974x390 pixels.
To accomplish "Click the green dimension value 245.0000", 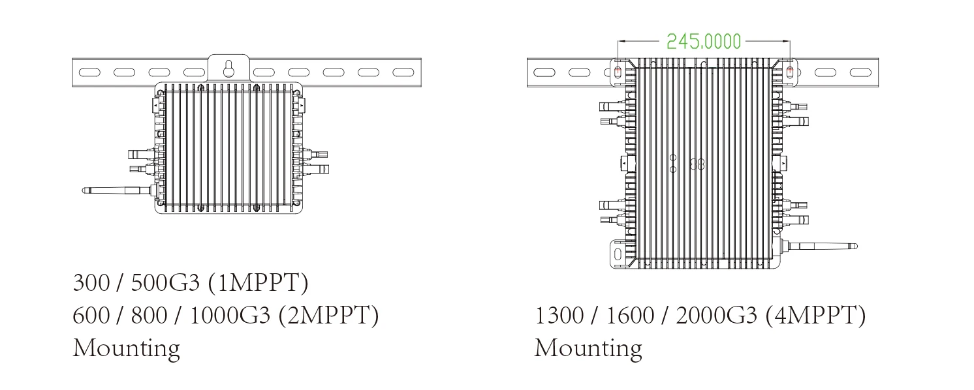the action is pos(704,42).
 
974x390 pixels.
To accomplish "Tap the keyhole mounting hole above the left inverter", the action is pos(228,68).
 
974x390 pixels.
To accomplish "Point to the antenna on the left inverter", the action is pos(118,190).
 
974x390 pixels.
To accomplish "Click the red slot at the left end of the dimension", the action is pos(618,71).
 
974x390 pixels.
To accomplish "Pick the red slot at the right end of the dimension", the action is pos(790,71).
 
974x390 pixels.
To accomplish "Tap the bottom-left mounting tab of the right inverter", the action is pos(618,254).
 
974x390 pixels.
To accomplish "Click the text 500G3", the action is pos(165,283).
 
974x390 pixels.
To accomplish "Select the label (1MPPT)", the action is pos(259,283).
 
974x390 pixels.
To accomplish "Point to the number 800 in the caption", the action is pos(149,315).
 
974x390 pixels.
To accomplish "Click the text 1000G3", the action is pos(230,315).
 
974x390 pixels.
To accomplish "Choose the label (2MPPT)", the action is pos(329,315).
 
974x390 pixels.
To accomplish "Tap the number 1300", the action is pos(559,315).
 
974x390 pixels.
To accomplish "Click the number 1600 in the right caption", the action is pos(630,315).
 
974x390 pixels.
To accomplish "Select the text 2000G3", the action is pos(717,315).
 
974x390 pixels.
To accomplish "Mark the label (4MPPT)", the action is pos(816,315).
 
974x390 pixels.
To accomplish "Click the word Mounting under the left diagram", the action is pos(127,349).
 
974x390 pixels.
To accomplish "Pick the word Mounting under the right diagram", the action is pos(588,349).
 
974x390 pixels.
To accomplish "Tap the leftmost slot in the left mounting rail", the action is pos(89,72).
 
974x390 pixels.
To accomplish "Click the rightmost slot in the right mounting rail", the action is pos(861,72).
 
